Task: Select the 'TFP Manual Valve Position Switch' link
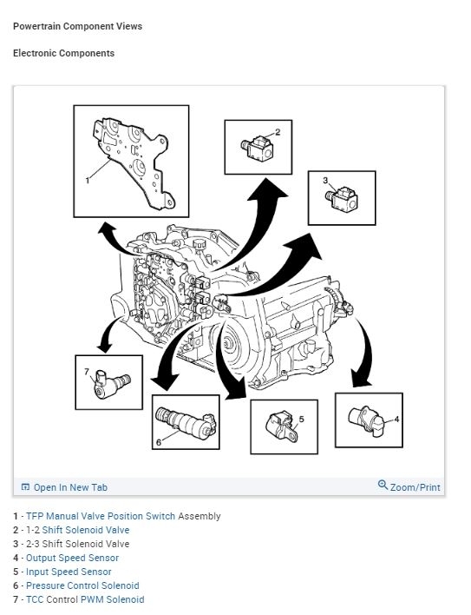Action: pyautogui.click(x=101, y=516)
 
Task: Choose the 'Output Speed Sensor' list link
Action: pyautogui.click(x=73, y=558)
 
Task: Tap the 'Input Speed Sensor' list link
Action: pyautogui.click(x=69, y=572)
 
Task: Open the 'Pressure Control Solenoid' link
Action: pyautogui.click(x=82, y=585)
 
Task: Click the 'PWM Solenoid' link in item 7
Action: pyautogui.click(x=113, y=599)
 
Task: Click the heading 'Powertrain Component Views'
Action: pyautogui.click(x=77, y=26)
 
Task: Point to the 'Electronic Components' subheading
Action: pyautogui.click(x=64, y=53)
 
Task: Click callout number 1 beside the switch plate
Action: pyautogui.click(x=88, y=181)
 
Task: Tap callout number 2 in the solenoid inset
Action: pyautogui.click(x=278, y=132)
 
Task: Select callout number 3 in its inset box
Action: pyautogui.click(x=325, y=181)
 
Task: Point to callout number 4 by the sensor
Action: pyautogui.click(x=396, y=420)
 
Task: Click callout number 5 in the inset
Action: pyautogui.click(x=302, y=420)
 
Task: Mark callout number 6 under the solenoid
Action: pyautogui.click(x=159, y=442)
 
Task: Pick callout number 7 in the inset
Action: pyautogui.click(x=87, y=372)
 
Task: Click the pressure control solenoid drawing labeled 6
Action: pyautogui.click(x=186, y=424)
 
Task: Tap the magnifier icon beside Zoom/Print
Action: pyautogui.click(x=383, y=485)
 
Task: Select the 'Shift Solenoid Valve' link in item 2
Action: pyautogui.click(x=86, y=530)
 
